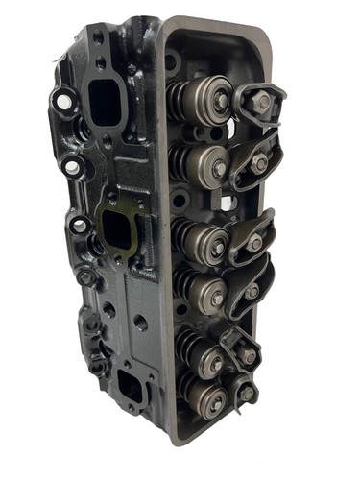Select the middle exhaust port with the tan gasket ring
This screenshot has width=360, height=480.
coord(116,229)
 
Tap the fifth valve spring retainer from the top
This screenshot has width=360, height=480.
coord(210,360)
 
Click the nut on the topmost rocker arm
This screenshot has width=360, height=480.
coord(262,100)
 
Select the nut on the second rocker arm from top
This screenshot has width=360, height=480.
coord(258,163)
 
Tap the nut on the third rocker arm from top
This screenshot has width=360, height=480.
coord(254,243)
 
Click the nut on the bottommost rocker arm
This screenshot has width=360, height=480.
coord(248,394)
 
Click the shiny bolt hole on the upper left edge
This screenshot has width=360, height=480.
coord(64,99)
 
